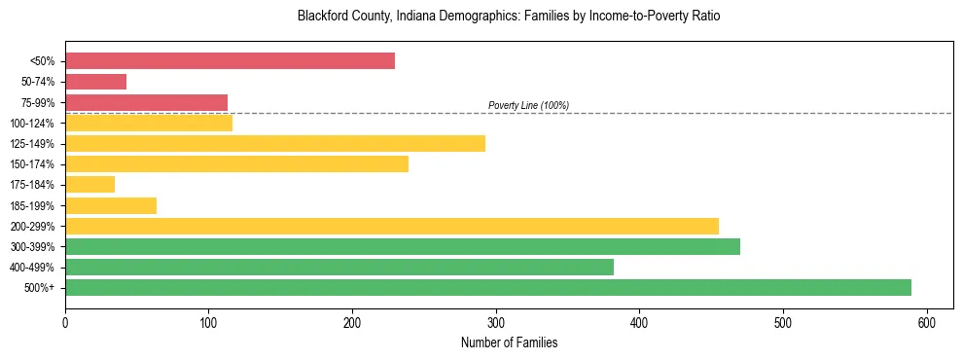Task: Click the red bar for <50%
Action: click(230, 61)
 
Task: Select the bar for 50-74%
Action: click(95, 82)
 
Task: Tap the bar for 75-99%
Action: click(146, 102)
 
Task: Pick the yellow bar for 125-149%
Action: click(275, 143)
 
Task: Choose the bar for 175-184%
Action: click(89, 184)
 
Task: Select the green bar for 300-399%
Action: click(403, 246)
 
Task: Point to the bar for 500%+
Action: click(488, 287)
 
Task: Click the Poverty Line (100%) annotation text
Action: click(528, 105)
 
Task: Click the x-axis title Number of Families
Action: click(509, 342)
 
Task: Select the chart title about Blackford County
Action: click(509, 17)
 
